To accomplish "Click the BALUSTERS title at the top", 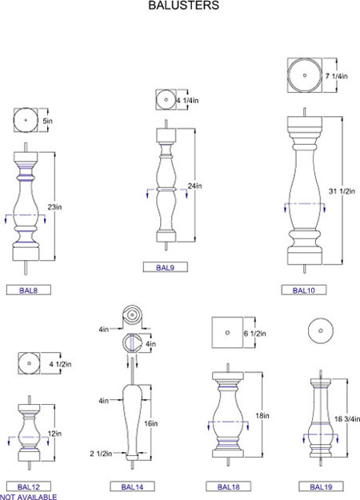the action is pyautogui.click(x=184, y=5).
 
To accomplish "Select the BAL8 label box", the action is pyautogui.click(x=29, y=290).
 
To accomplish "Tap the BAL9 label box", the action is pyautogui.click(x=165, y=267).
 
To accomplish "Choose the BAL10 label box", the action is pyautogui.click(x=303, y=290).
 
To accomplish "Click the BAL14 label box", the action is pyautogui.click(x=132, y=486).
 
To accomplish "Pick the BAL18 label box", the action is pyautogui.click(x=228, y=486).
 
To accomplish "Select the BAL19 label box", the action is pyautogui.click(x=321, y=486).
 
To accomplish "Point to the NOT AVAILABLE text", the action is pyautogui.click(x=28, y=497).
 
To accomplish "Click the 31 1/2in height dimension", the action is pyautogui.click(x=342, y=191).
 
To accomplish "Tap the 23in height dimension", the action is pyautogui.click(x=54, y=207).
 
